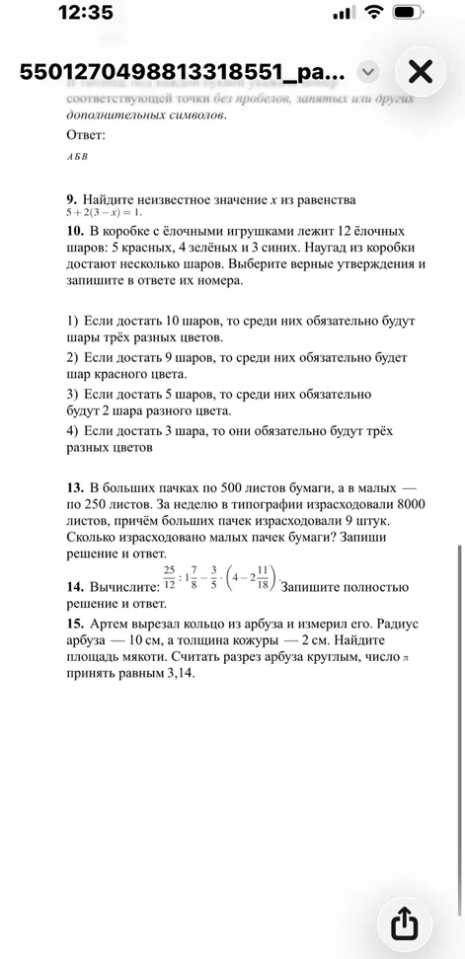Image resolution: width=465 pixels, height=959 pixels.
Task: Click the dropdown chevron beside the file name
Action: point(367,72)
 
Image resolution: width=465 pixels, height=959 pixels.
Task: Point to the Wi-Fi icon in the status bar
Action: point(374,14)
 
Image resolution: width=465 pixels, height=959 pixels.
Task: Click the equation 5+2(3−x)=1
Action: point(105,212)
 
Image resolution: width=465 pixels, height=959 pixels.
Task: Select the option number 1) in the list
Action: point(73,323)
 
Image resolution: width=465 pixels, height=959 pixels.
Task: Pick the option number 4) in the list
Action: point(73,431)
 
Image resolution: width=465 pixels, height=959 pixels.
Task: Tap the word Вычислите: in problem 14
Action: point(122,587)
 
